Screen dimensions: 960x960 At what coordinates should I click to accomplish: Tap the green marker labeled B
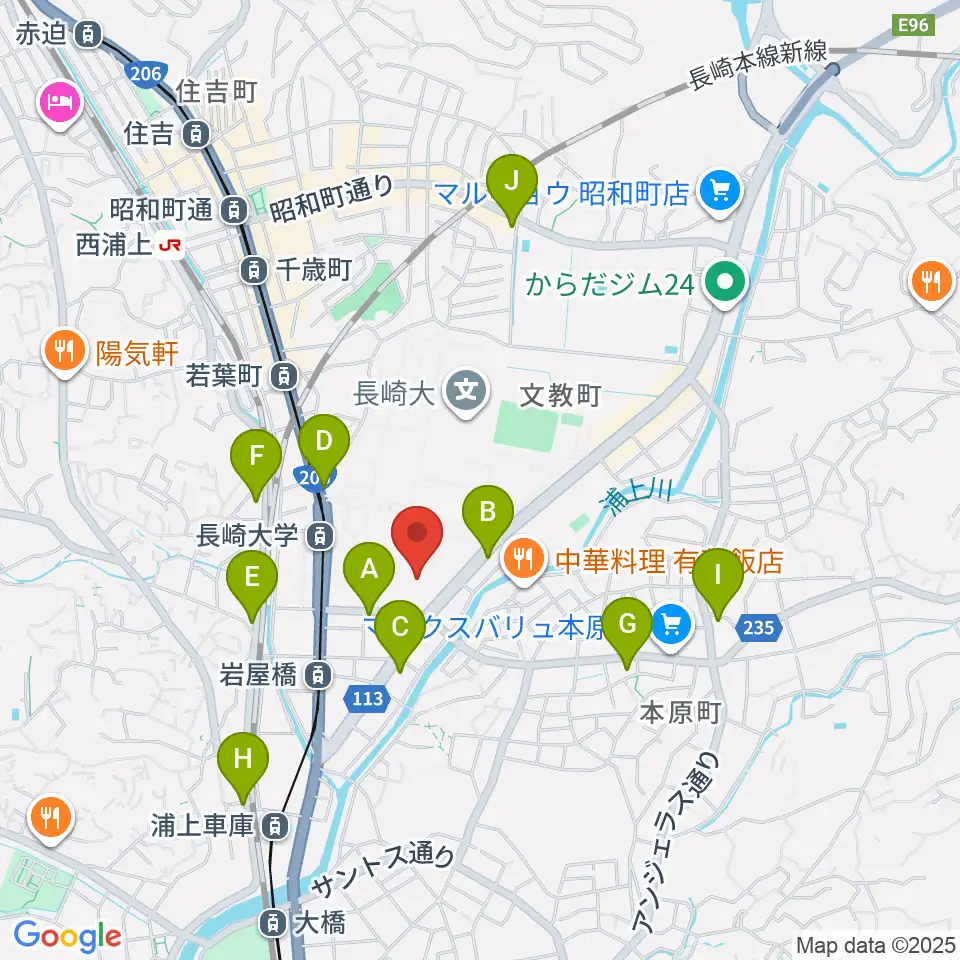click(x=488, y=512)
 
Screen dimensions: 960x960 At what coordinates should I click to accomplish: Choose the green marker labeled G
click(x=628, y=624)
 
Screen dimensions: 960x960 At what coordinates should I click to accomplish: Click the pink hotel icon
click(x=59, y=103)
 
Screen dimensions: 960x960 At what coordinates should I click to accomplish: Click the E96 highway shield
click(x=914, y=25)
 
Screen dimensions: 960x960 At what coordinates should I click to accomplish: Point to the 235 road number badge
click(x=759, y=627)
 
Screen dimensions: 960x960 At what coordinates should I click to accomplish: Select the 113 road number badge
click(x=368, y=699)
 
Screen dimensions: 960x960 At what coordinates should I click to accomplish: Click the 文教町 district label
click(x=560, y=395)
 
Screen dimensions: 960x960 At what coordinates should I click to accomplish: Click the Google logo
click(x=67, y=936)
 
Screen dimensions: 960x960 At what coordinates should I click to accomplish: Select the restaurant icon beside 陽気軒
click(x=66, y=351)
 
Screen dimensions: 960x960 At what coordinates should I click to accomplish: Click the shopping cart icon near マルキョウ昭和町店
click(x=718, y=191)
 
